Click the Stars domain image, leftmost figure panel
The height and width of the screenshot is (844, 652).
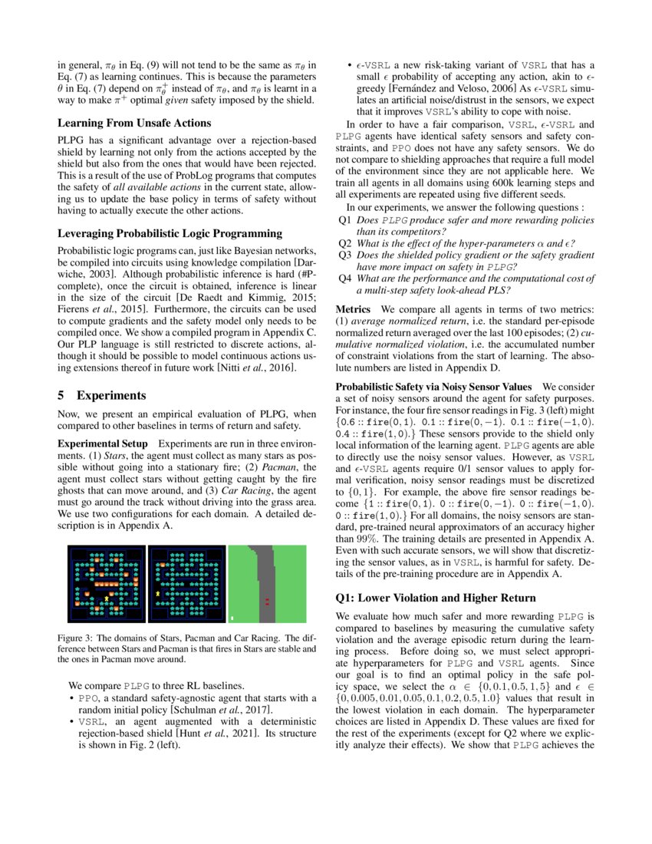coord(107,583)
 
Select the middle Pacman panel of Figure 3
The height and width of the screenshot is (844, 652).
coord(186,583)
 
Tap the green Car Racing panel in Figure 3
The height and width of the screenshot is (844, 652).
coord(268,583)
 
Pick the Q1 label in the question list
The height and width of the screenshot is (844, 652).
coord(345,219)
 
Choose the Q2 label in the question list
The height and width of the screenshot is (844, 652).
coord(345,243)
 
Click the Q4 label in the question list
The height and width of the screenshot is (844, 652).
coord(345,279)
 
